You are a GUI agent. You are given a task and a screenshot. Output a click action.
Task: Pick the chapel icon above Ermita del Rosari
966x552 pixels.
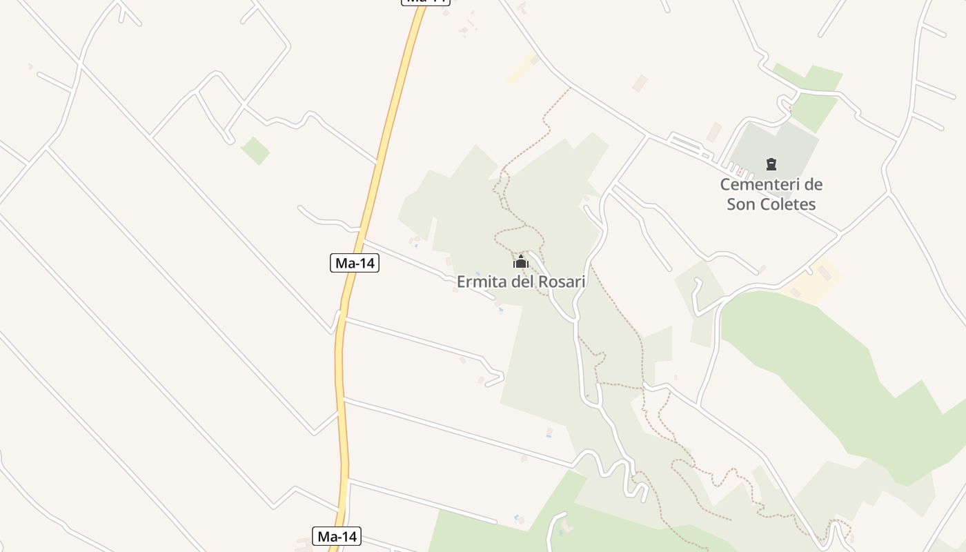(521, 262)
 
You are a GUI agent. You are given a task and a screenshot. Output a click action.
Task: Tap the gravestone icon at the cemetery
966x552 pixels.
(771, 164)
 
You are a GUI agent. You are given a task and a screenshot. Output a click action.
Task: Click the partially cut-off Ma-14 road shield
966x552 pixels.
(426, 2)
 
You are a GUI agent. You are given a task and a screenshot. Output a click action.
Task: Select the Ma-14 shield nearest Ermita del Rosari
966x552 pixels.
(355, 263)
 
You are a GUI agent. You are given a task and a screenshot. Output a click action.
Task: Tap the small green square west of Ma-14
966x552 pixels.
(255, 150)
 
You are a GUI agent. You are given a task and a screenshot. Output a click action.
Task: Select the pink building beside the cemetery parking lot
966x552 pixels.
(713, 132)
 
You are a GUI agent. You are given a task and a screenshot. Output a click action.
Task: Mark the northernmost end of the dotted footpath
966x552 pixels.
(570, 88)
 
